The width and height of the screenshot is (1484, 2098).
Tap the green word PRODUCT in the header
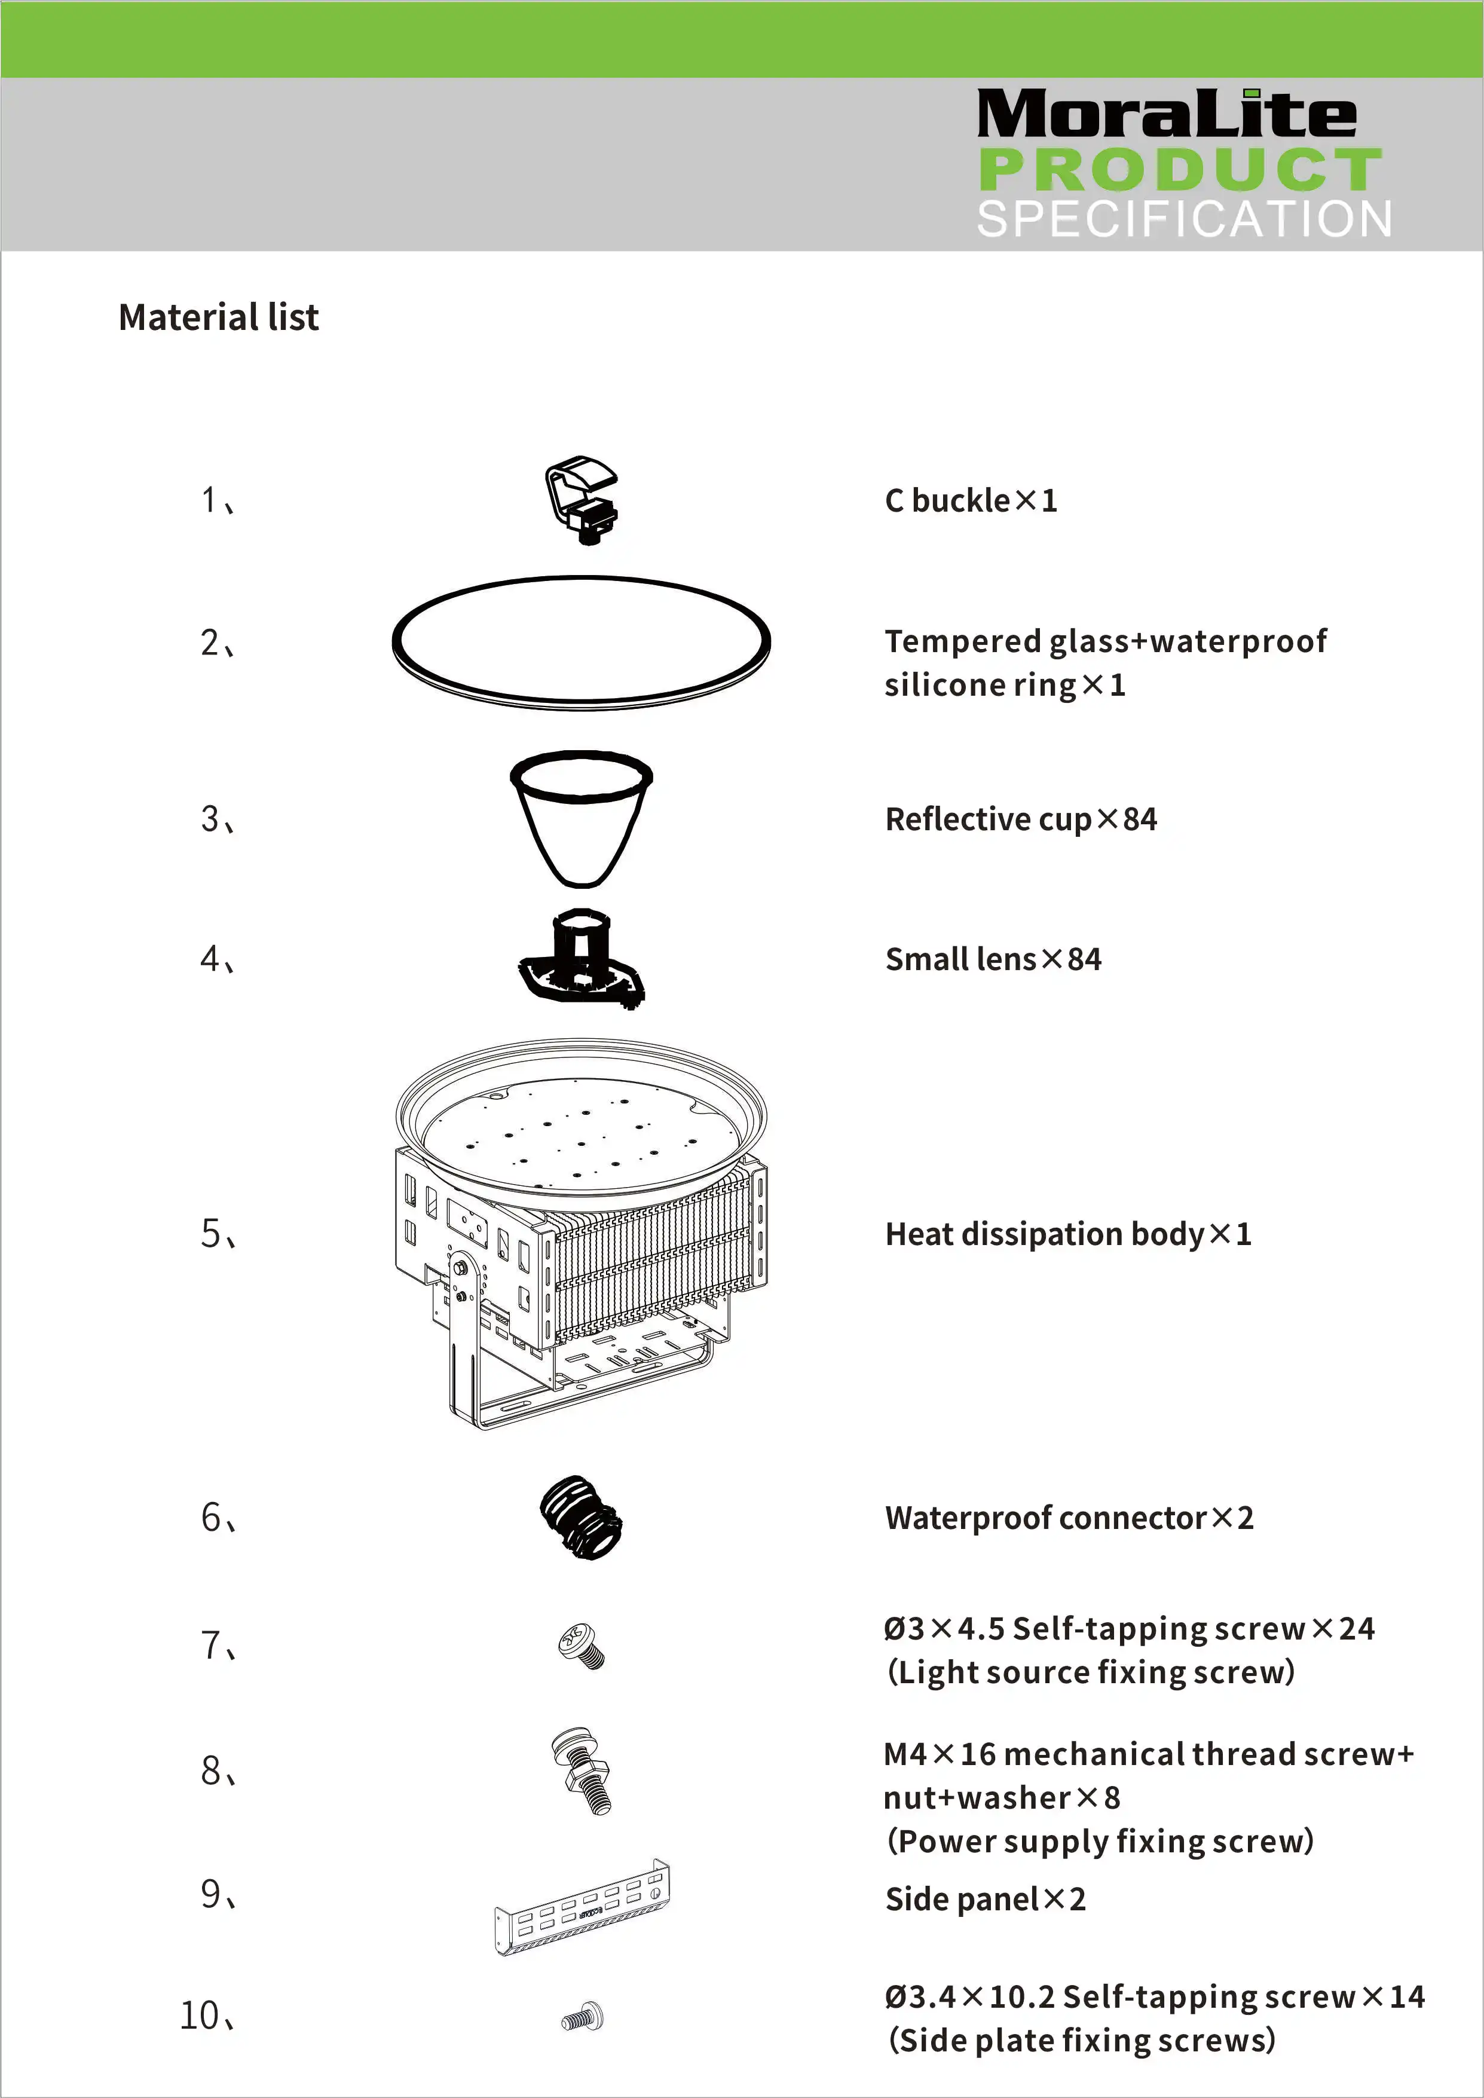pyautogui.click(x=1180, y=169)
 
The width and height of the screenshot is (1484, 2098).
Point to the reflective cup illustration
pyautogui.click(x=581, y=818)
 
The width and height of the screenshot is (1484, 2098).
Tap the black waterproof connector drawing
pyautogui.click(x=581, y=1517)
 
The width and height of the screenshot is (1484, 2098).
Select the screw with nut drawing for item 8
pyautogui.click(x=581, y=1770)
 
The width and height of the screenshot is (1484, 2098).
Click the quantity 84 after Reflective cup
pyautogui.click(x=1140, y=819)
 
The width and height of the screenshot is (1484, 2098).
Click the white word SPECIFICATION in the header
pyautogui.click(x=1185, y=219)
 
